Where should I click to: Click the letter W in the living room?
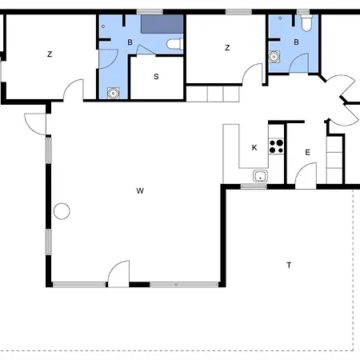click(x=140, y=191)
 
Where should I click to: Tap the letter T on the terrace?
click(x=289, y=265)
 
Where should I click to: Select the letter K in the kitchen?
click(x=254, y=147)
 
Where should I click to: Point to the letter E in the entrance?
click(x=307, y=153)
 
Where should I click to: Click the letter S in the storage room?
click(x=156, y=77)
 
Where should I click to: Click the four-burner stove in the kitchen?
click(x=276, y=146)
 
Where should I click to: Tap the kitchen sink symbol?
click(x=260, y=176)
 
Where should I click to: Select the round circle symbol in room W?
click(x=62, y=211)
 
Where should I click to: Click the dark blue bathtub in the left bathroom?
click(x=162, y=24)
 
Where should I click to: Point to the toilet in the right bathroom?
click(x=306, y=22)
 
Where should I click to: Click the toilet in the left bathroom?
click(x=175, y=44)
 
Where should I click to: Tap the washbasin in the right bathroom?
click(x=274, y=57)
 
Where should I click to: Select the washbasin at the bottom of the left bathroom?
click(x=114, y=94)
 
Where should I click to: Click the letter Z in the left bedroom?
click(x=50, y=54)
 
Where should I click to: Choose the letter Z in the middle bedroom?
click(x=227, y=48)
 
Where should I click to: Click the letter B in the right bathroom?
click(x=296, y=42)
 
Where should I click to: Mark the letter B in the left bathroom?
click(x=130, y=42)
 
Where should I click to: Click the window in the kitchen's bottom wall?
click(x=254, y=186)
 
